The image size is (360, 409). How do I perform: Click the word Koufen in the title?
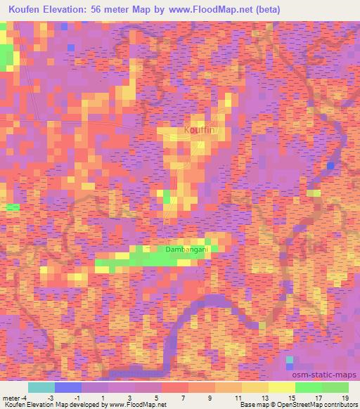[27, 9]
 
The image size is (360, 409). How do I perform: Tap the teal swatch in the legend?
[41, 387]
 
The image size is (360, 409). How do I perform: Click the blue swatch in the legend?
[68, 387]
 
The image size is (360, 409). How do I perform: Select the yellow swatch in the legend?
[282, 387]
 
